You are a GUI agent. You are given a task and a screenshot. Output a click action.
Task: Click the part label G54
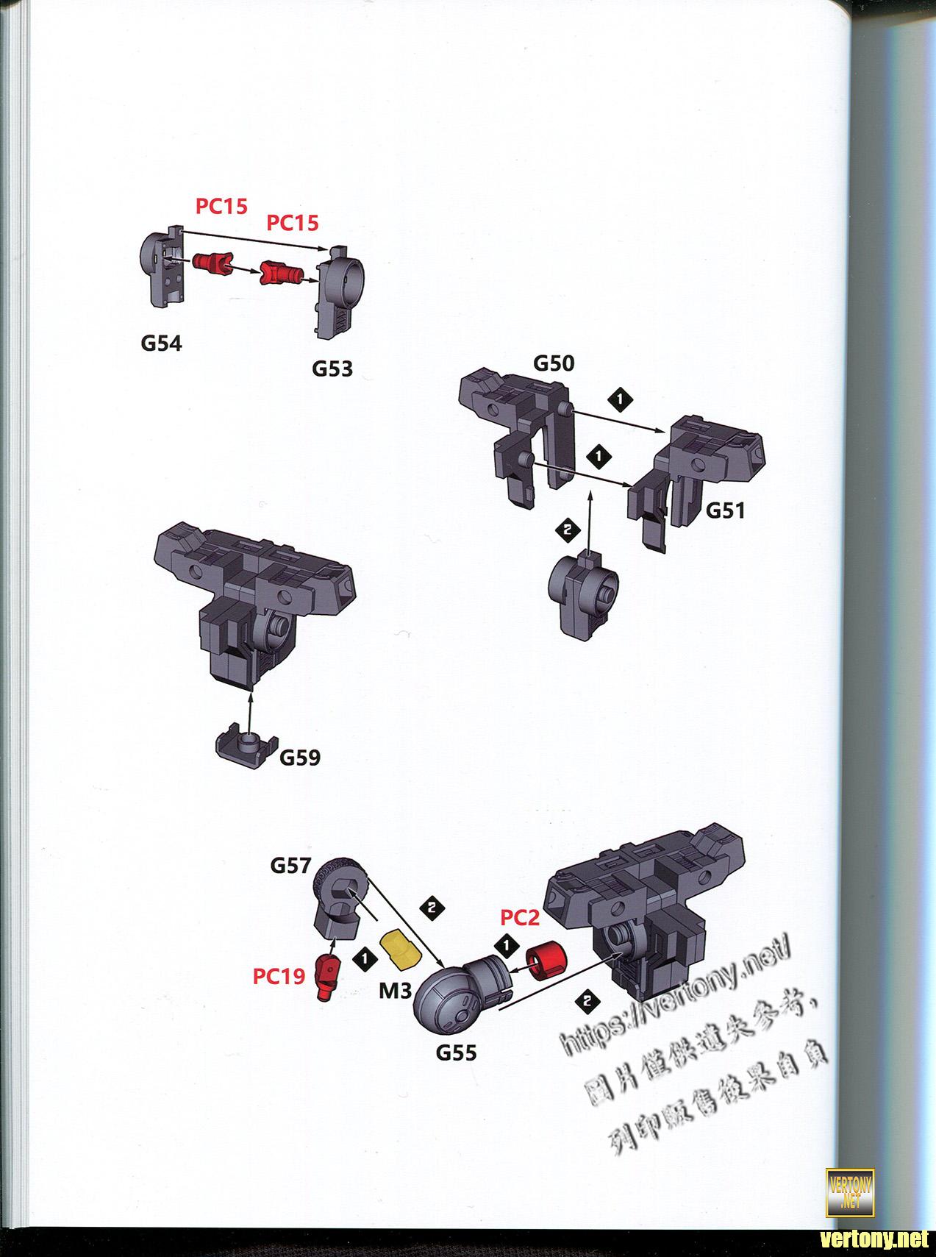161,343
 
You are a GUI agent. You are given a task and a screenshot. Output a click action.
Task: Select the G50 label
554,363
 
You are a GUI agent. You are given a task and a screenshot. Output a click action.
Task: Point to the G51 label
725,510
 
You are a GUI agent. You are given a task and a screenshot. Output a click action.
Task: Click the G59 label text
299,757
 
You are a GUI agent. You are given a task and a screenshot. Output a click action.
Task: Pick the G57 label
291,865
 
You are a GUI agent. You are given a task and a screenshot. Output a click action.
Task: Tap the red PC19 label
279,976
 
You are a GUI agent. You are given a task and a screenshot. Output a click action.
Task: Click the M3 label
395,991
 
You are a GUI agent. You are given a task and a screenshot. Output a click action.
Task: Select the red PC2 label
520,917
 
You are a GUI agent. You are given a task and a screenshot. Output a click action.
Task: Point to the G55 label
457,1053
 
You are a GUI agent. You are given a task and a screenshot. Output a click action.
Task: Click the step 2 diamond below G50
566,529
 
